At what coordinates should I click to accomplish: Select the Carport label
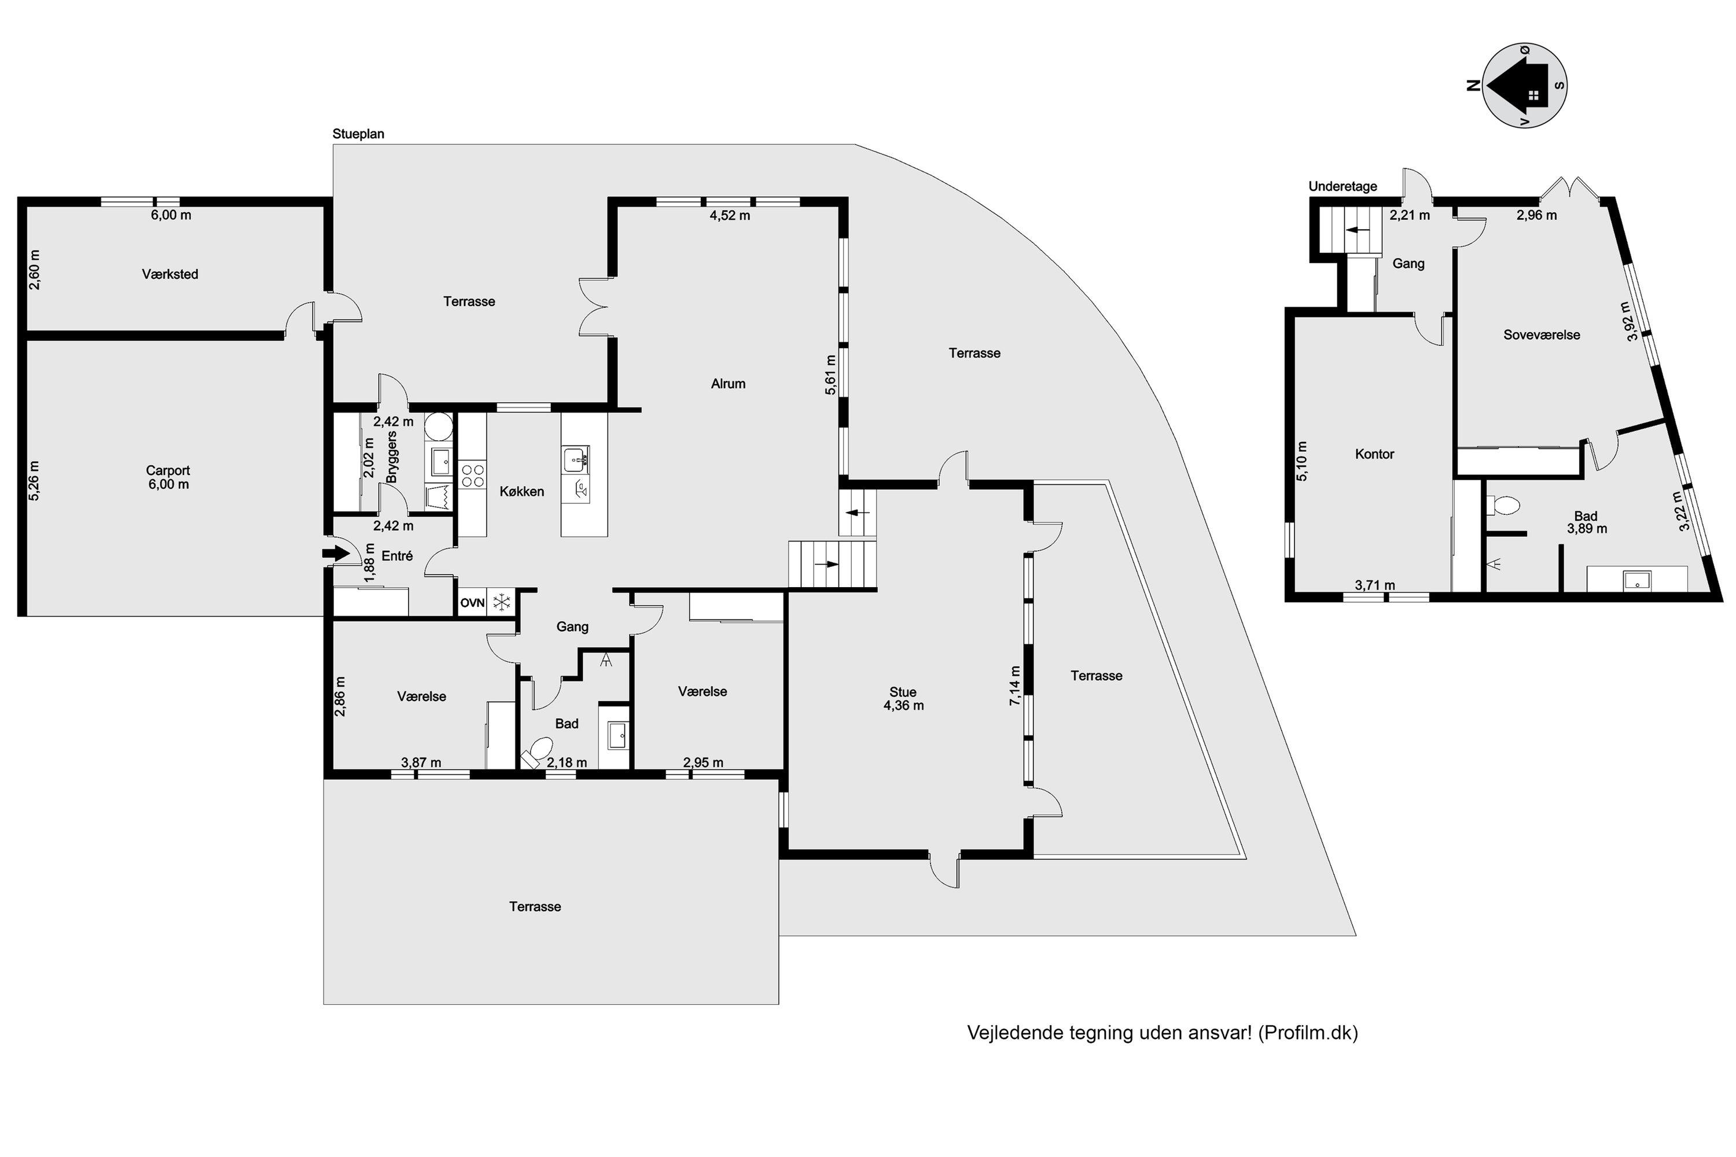168,471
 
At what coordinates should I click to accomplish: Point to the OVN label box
472,603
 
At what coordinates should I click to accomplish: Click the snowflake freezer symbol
502,603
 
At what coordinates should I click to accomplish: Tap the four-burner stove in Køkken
472,475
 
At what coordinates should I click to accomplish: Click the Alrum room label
728,384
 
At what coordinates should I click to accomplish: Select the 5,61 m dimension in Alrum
831,375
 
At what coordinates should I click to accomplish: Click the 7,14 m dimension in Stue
1016,686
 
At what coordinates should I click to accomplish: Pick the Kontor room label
1374,455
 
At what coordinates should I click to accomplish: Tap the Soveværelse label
1542,335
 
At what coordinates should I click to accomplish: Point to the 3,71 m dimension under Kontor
1375,585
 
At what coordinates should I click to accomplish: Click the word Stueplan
358,134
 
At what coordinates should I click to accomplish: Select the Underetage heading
1343,187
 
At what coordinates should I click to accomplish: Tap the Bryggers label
392,458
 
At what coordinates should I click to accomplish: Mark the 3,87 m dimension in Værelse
421,762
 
